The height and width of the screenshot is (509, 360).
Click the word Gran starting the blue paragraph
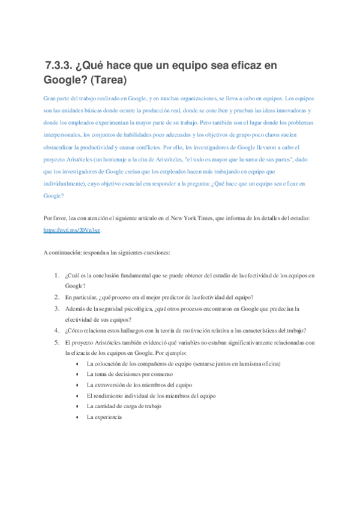click(50, 97)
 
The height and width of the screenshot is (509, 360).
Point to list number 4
click(56, 330)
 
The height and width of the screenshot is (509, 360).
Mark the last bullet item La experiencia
click(104, 417)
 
